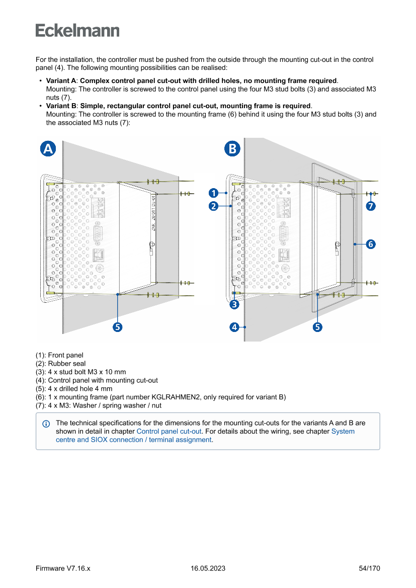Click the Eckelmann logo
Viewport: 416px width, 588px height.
coord(77,31)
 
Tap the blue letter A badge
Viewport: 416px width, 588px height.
coord(48,148)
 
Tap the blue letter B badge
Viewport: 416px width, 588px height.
coord(232,148)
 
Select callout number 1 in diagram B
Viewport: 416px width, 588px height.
coord(213,193)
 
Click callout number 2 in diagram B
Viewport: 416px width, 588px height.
coord(213,206)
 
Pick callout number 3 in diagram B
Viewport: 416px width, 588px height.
coord(234,304)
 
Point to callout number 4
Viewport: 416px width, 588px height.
coord(234,327)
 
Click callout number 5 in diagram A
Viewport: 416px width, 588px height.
coord(117,327)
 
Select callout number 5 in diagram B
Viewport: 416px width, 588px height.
coord(318,327)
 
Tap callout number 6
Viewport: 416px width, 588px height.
coord(370,244)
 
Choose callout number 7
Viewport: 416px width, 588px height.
coord(370,206)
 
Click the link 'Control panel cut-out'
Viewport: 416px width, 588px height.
coord(169,431)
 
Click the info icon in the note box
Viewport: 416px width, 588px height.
coord(46,424)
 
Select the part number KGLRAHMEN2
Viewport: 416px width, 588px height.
coord(176,397)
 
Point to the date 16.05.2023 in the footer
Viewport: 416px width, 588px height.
coord(208,568)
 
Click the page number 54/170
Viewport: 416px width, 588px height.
coord(369,568)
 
